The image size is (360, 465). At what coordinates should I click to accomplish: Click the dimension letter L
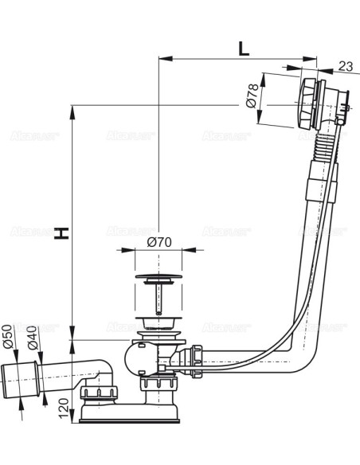pyautogui.click(x=243, y=47)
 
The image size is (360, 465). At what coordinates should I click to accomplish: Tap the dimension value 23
pyautogui.click(x=346, y=67)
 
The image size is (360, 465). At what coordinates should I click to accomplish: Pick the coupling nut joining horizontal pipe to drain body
pyautogui.click(x=193, y=355)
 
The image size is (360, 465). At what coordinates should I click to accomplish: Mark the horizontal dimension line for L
pyautogui.click(x=239, y=59)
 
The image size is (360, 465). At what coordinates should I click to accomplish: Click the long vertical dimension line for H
pyautogui.click(x=72, y=223)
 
